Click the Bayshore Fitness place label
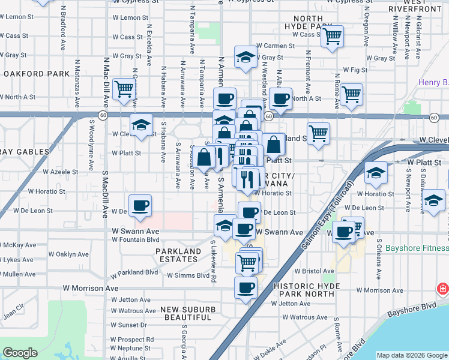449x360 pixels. click(417, 248)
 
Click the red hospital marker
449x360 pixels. click(443, 289)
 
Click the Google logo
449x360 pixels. click(20, 353)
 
